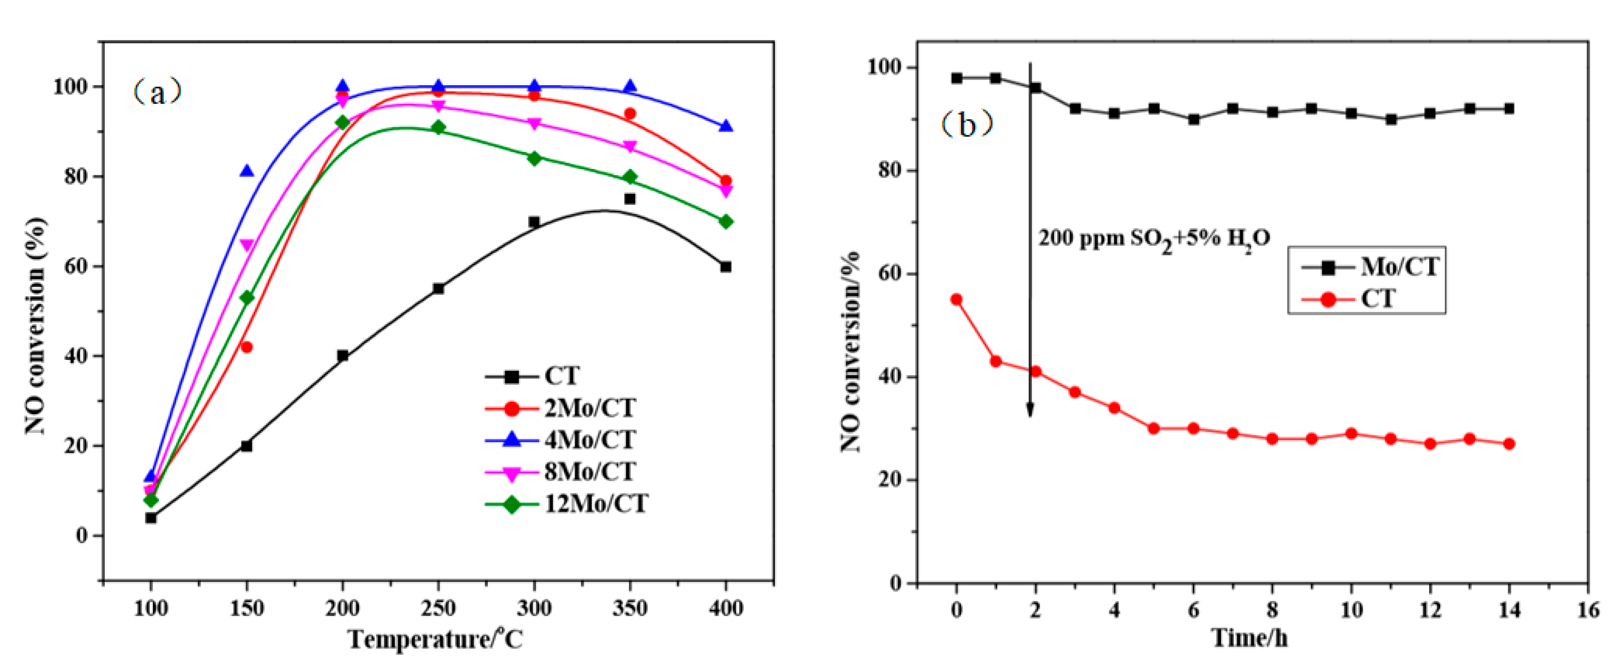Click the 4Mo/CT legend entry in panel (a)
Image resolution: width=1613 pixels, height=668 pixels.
563,439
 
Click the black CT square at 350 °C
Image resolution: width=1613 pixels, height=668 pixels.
630,199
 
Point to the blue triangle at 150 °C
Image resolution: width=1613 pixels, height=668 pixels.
247,171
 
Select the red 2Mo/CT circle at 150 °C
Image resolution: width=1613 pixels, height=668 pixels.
247,347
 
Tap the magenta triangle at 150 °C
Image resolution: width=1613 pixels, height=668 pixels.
247,245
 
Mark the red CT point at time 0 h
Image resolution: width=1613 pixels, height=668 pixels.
956,299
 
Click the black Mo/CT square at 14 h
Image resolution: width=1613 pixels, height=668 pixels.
1509,108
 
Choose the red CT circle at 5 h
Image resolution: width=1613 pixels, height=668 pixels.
1154,428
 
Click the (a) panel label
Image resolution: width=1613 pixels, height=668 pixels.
157,92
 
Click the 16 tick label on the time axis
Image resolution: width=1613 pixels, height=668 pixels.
1588,608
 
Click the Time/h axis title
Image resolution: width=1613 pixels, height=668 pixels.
1249,638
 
